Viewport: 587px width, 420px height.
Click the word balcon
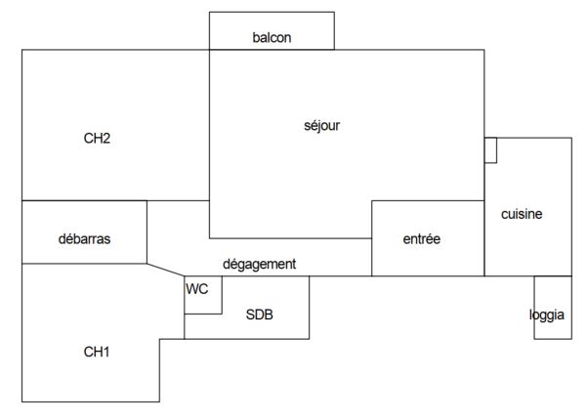pyautogui.click(x=272, y=37)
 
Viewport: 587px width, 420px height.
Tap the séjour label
pyautogui.click(x=322, y=126)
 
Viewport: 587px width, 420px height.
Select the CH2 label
pyautogui.click(x=97, y=138)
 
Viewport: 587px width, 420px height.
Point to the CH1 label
pyautogui.click(x=97, y=352)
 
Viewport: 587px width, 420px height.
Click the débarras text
pyautogui.click(x=85, y=239)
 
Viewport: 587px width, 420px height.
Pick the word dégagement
pyautogui.click(x=260, y=265)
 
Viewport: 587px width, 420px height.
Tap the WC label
pyautogui.click(x=197, y=289)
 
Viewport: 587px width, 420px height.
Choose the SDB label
pyautogui.click(x=260, y=315)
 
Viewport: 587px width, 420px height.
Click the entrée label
pyautogui.click(x=422, y=239)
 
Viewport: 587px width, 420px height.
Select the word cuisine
pyautogui.click(x=522, y=214)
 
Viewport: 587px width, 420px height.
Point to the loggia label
pyautogui.click(x=547, y=315)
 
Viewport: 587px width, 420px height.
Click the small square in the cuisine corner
pyautogui.click(x=490, y=150)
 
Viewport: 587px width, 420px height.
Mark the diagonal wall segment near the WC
pyautogui.click(x=165, y=270)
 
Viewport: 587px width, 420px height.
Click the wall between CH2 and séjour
pyautogui.click(x=209, y=125)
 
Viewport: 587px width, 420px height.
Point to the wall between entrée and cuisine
pyautogui.click(x=484, y=238)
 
